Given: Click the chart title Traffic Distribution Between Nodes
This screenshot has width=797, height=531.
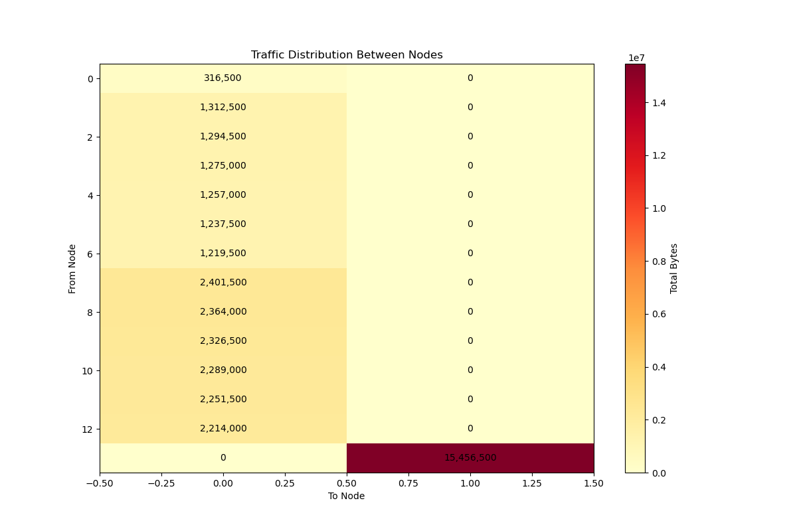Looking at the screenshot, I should [347, 55].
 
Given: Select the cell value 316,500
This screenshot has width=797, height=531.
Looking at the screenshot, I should [222, 78].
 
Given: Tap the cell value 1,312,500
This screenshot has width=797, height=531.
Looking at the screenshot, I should [222, 108].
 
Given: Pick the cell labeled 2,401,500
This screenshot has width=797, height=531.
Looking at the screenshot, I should [222, 283].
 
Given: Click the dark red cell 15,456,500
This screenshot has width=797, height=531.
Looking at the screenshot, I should [470, 458].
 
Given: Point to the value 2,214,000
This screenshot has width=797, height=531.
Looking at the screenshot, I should [222, 429].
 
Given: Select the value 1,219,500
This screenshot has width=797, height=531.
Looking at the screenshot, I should [222, 254].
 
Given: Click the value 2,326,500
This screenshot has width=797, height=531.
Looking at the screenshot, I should [222, 341].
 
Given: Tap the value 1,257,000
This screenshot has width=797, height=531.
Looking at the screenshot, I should [222, 195].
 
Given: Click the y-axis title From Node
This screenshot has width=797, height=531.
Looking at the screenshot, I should [72, 269].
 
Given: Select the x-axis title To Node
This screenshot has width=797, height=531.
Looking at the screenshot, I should [347, 496].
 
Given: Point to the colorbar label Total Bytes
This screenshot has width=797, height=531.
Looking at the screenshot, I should [674, 269].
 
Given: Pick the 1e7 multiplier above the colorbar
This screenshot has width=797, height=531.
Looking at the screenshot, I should [636, 58].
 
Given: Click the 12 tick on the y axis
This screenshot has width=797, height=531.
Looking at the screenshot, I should [87, 429].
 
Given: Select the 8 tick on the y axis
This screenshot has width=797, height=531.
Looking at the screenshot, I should [90, 312].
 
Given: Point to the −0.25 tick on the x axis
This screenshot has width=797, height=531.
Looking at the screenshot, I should [161, 484].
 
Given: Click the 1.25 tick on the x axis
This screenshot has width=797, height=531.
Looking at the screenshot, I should [532, 484].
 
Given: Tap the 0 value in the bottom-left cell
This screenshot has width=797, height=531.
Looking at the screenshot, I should [222, 458].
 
